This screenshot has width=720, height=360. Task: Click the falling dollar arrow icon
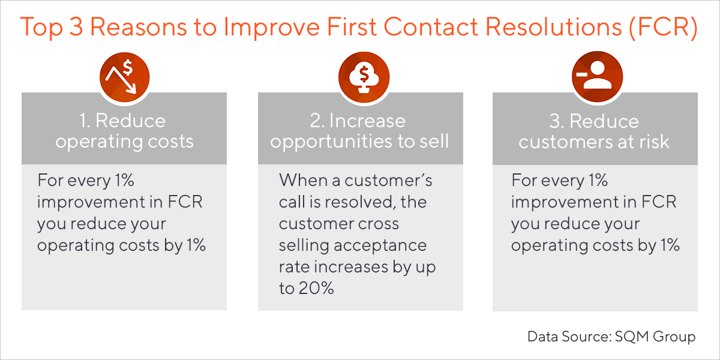[x=124, y=79]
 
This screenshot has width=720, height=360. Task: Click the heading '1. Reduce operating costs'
[x=124, y=131]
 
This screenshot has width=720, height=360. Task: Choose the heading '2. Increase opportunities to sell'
[x=360, y=131]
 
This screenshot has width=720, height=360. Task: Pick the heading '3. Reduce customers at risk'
[x=595, y=131]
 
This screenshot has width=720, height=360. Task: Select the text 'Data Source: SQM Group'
[x=611, y=337]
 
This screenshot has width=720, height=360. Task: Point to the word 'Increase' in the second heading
[x=367, y=121]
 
